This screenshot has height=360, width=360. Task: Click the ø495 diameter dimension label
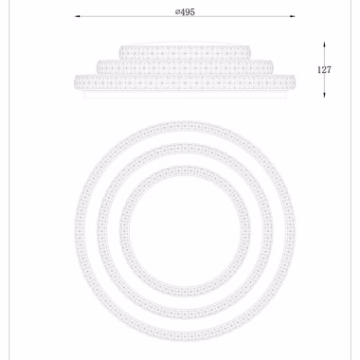(185, 12)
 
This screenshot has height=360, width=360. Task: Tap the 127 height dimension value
(324, 69)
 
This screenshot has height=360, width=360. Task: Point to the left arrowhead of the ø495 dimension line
(78, 16)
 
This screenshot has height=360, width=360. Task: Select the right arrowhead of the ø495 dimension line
(293, 16)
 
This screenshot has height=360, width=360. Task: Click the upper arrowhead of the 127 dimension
(324, 45)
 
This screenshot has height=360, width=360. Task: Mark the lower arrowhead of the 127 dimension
(324, 95)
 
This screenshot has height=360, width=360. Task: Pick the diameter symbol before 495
(178, 12)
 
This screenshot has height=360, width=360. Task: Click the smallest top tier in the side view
(185, 52)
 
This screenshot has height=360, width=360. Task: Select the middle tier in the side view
(185, 66)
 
